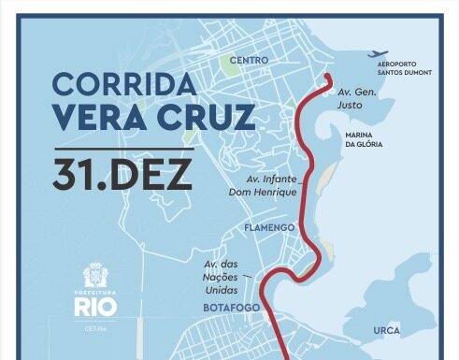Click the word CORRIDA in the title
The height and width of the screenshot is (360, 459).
click(x=123, y=84)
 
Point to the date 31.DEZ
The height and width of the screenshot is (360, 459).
click(x=122, y=175)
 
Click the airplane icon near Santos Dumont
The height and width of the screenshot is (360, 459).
click(x=380, y=53)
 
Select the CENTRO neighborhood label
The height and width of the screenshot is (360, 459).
click(x=249, y=60)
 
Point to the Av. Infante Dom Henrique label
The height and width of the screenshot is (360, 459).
click(x=271, y=185)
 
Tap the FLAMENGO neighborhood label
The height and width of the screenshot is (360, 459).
click(x=269, y=227)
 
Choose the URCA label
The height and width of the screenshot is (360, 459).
click(x=386, y=331)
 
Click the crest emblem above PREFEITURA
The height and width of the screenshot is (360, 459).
click(x=98, y=277)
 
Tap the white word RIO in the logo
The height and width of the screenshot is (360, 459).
click(x=97, y=309)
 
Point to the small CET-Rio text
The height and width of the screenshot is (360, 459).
click(x=97, y=329)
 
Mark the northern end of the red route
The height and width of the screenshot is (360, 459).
click(x=330, y=78)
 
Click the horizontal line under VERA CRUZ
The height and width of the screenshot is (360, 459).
click(x=123, y=148)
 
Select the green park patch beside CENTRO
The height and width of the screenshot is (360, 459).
click(x=230, y=65)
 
